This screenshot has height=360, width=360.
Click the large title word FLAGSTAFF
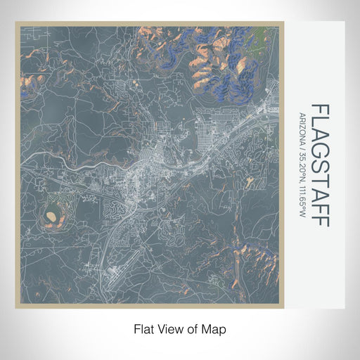pyautogui.click(x=320, y=165)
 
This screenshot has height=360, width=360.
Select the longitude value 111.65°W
pyautogui.click(x=302, y=200)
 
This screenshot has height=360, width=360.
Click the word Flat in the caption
pyautogui.click(x=140, y=328)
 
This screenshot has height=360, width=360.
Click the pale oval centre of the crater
pyautogui.click(x=53, y=220)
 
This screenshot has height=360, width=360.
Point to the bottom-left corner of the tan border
pyautogui.click(x=16, y=308)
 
